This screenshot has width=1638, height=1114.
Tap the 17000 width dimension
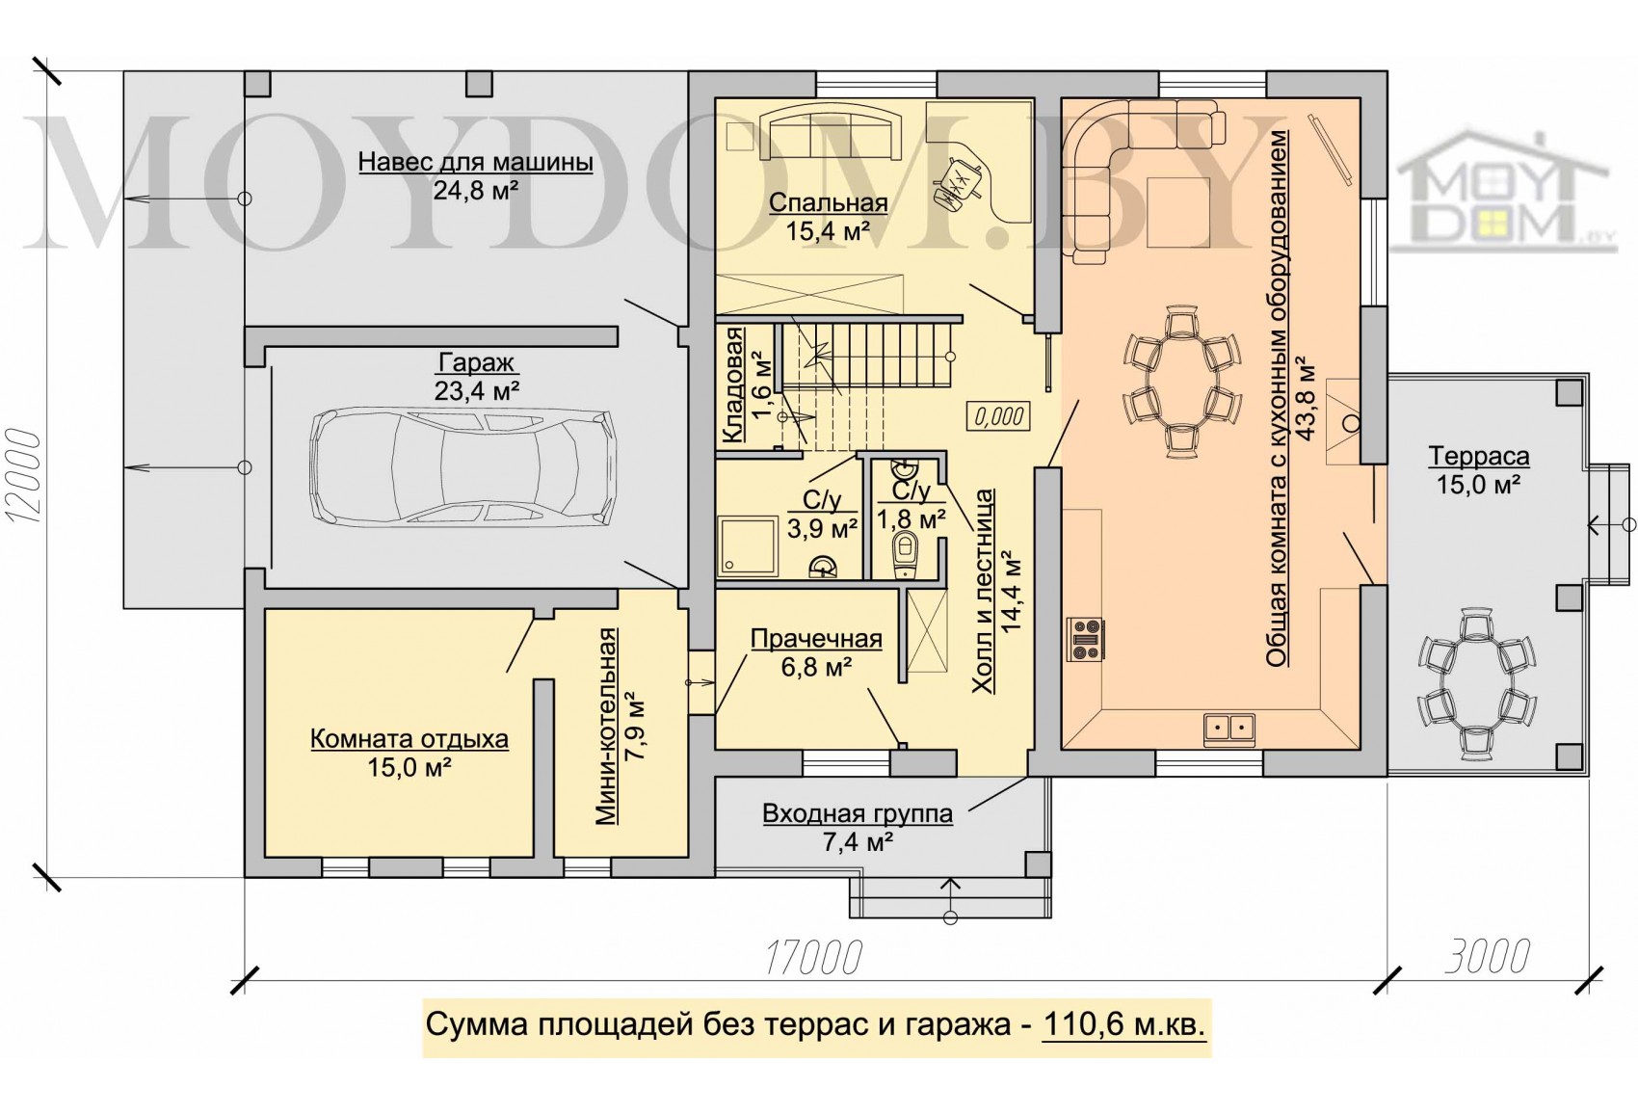click(x=813, y=958)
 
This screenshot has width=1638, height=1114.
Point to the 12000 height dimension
click(x=23, y=476)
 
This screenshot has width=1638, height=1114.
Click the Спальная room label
click(x=829, y=202)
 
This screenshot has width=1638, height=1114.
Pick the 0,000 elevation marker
click(x=998, y=416)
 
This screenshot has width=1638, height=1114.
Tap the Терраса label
click(x=1479, y=457)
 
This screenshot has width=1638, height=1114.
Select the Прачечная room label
click(x=816, y=639)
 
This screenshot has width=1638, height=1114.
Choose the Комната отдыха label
click(x=409, y=739)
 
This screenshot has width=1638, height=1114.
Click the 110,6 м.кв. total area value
click(x=1123, y=1025)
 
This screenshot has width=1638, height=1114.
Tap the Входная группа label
click(x=858, y=813)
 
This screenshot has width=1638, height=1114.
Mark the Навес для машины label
click(x=475, y=162)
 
